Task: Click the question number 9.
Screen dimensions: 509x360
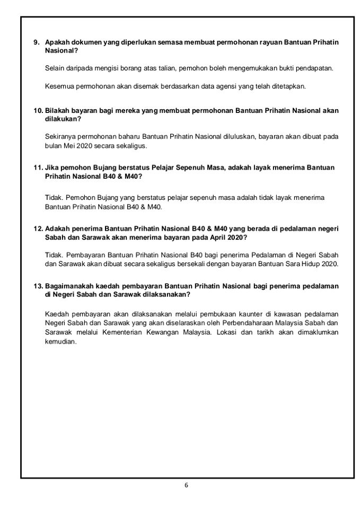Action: pyautogui.click(x=37, y=42)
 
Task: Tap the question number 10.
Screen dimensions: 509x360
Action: pyautogui.click(x=38, y=110)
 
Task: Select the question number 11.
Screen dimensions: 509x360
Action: pyautogui.click(x=38, y=168)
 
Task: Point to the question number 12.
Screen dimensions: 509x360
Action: pyautogui.click(x=38, y=229)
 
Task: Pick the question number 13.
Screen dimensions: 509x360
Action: pyautogui.click(x=38, y=286)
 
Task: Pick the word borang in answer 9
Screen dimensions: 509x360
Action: pyautogui.click(x=111, y=69)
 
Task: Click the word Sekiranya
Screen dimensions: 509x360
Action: pyautogui.click(x=60, y=137)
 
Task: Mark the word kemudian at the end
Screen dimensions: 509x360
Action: pyautogui.click(x=62, y=341)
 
